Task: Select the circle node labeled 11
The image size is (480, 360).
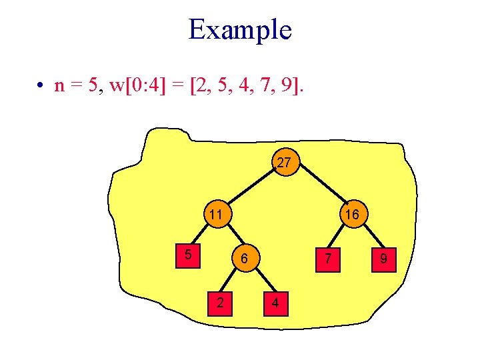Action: coord(214,215)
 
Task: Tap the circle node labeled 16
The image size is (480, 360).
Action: coord(352,215)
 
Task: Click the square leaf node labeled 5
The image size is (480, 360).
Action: coord(189,254)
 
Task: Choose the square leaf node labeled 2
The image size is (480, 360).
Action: coord(220,304)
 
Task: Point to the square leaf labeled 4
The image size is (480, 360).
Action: coord(275,304)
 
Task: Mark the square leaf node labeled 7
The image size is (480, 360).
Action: coord(327,258)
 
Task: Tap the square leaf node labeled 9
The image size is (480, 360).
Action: coord(383,258)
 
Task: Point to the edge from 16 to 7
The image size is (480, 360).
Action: coord(339,236)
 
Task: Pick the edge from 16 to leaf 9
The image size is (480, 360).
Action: coord(368,236)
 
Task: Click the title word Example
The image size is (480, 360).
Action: coord(240,30)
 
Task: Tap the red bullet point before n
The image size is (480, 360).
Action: coord(41,86)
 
